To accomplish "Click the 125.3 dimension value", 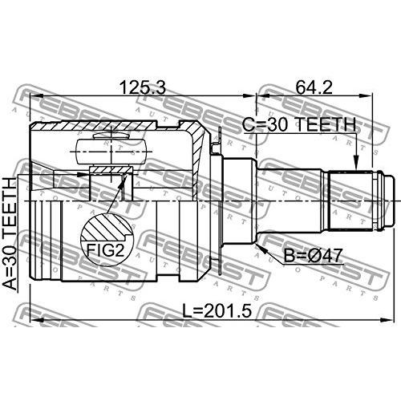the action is [x=143, y=87].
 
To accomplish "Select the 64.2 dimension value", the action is [x=314, y=87].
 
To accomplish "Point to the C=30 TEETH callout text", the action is [x=299, y=124].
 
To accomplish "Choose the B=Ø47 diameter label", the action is [x=313, y=256].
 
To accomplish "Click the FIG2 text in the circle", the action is [x=106, y=250].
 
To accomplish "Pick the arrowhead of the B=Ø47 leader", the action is [x=261, y=249].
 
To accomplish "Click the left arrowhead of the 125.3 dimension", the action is [x=37, y=96].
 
